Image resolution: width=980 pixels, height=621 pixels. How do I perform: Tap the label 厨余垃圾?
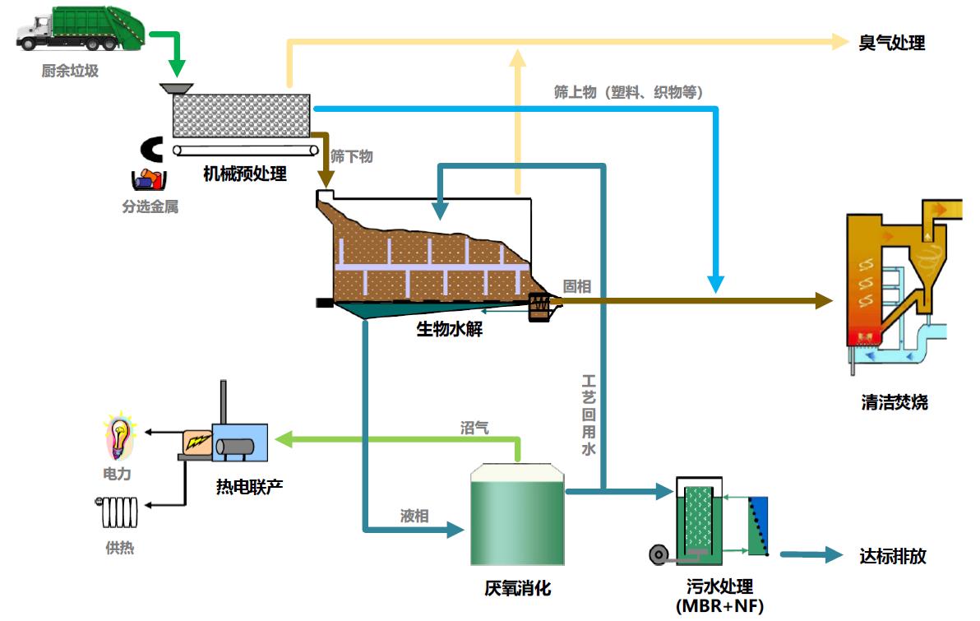[x=70, y=72]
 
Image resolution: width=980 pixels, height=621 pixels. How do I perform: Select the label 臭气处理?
[x=892, y=43]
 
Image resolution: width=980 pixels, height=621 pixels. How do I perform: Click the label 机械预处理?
[x=245, y=174]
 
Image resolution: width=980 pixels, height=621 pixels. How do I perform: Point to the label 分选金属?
[x=150, y=206]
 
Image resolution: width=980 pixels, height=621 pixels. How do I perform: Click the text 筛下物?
[x=351, y=156]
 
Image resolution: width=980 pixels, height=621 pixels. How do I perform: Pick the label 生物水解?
[x=449, y=331]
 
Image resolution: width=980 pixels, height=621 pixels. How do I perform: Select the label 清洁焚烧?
[x=894, y=403]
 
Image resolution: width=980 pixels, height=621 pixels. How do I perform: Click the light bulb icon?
[x=120, y=437]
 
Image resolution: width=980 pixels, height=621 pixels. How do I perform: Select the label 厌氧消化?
[x=517, y=589]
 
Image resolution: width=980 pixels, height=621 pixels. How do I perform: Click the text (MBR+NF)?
[x=719, y=607]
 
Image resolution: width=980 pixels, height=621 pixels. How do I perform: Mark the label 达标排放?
[x=892, y=556]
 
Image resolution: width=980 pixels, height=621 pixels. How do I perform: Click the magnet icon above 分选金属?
[x=152, y=149]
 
